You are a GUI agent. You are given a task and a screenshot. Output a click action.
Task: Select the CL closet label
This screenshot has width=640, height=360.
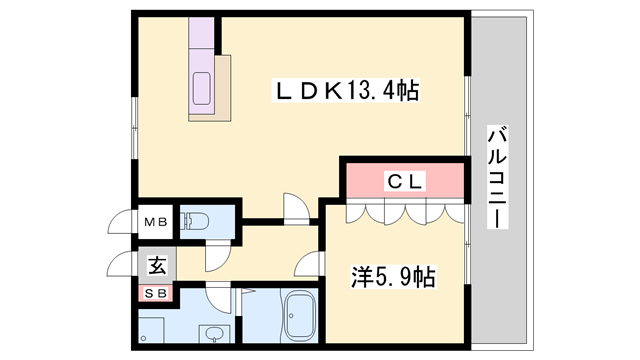pyautogui.click(x=406, y=181)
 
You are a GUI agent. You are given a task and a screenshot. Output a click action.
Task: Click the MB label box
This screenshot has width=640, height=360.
pyautogui.click(x=156, y=222)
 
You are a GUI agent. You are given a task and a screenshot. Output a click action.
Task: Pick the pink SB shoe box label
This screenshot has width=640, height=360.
pyautogui.click(x=157, y=293)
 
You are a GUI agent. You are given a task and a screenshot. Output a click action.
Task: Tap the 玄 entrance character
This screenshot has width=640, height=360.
pyautogui.click(x=157, y=266)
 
